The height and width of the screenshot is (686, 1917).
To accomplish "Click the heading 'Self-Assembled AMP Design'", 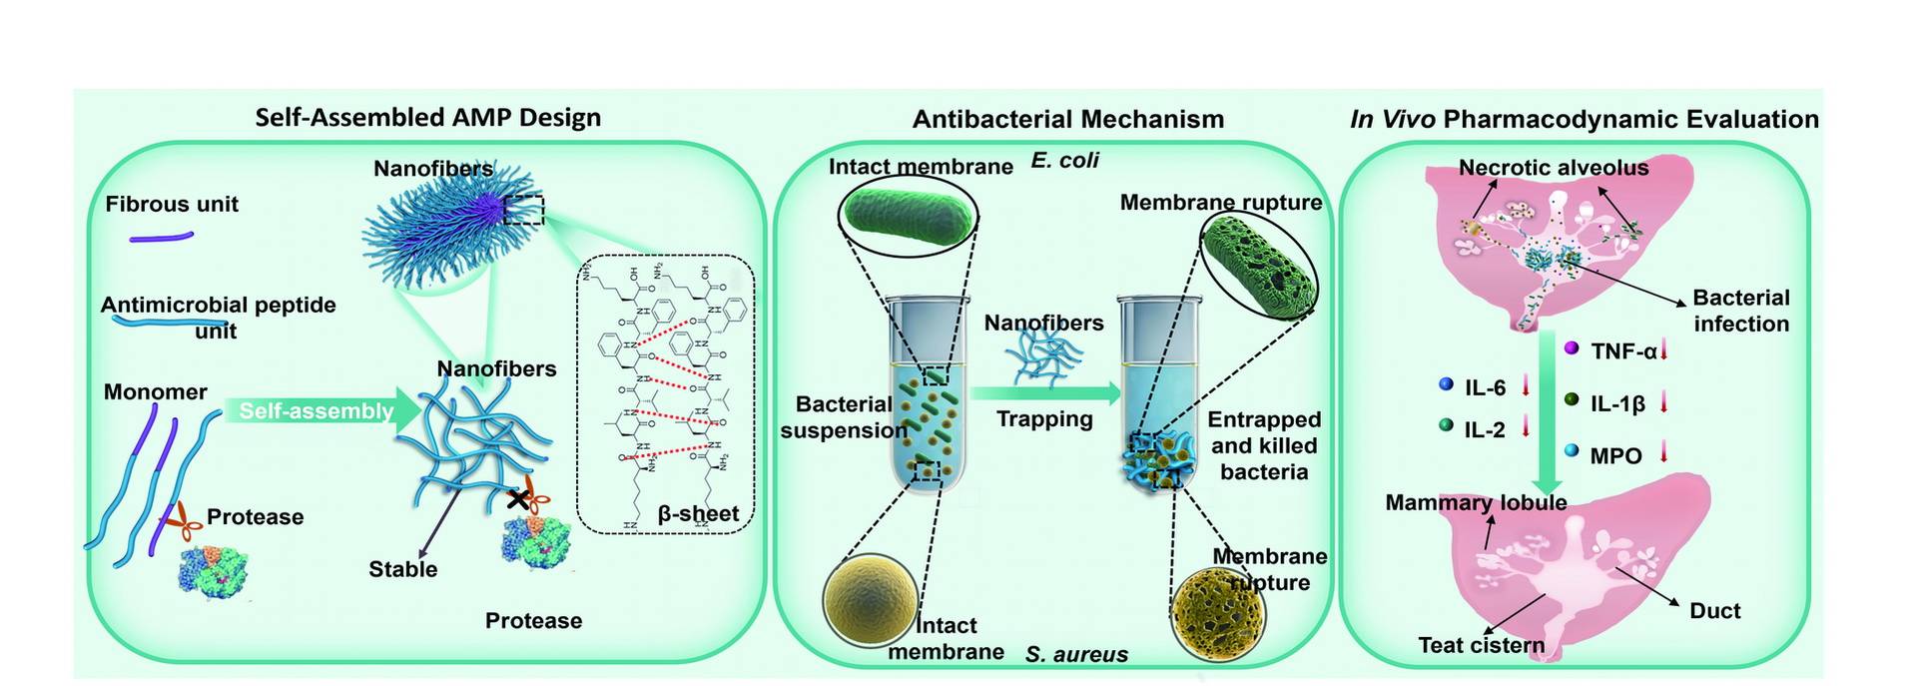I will click(x=427, y=118).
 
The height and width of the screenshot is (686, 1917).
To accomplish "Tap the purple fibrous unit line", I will click(x=161, y=238).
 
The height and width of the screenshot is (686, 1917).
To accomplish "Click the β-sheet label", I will click(x=698, y=514).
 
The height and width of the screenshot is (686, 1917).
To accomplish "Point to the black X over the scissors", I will click(x=517, y=499).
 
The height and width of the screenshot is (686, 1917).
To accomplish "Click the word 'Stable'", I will click(x=402, y=569).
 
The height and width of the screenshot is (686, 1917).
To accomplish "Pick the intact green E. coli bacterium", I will click(x=907, y=216).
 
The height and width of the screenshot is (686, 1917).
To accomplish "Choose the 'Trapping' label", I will click(x=1044, y=419).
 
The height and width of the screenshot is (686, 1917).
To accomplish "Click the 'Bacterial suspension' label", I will click(x=844, y=417).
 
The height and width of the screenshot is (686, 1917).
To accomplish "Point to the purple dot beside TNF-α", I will click(x=1571, y=348).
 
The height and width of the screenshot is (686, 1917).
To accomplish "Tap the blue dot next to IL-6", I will click(x=1445, y=384).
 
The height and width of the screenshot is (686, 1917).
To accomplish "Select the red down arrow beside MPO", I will click(x=1664, y=453).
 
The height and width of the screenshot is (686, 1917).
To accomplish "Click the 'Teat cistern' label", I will click(x=1481, y=645).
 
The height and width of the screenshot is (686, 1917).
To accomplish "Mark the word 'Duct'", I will click(x=1714, y=611).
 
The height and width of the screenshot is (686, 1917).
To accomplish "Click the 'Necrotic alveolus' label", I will click(x=1553, y=168).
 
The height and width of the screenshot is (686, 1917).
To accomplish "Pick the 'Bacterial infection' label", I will click(x=1740, y=311).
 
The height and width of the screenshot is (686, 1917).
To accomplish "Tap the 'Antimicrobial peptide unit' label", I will click(x=218, y=318).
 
